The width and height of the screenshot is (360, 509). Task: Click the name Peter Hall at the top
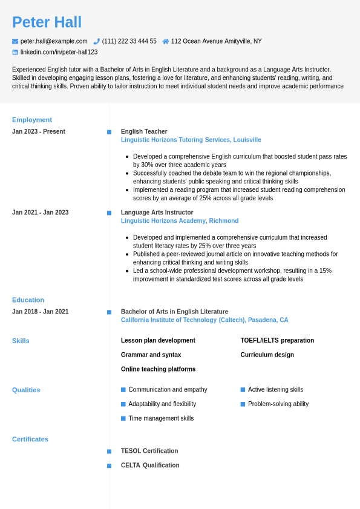[x=47, y=22]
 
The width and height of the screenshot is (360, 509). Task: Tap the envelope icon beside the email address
[x=15, y=41]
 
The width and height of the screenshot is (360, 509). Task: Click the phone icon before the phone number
[x=97, y=41]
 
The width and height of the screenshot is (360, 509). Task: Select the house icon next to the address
[x=166, y=41]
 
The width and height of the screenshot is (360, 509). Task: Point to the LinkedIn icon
[x=15, y=52]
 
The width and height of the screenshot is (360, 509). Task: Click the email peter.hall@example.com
[x=54, y=41]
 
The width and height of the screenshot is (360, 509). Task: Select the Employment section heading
[x=32, y=120]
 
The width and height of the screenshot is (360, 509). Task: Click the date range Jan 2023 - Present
[x=39, y=131]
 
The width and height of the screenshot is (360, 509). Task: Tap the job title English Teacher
[x=144, y=131]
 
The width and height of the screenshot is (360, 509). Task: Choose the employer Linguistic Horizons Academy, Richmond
[x=180, y=221]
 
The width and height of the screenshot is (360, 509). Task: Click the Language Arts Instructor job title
[x=157, y=212]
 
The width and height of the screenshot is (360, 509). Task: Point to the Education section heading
[x=28, y=300]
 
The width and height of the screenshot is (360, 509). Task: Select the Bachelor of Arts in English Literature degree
[x=174, y=312]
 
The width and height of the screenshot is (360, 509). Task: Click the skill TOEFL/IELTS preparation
[x=277, y=340]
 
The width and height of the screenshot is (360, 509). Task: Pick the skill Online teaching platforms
[x=158, y=369]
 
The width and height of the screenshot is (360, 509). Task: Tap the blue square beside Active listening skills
[x=243, y=390]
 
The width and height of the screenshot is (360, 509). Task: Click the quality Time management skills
[x=161, y=418]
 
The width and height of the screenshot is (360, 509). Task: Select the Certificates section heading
[x=30, y=439]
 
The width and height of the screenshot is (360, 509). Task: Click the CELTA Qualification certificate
[x=150, y=465]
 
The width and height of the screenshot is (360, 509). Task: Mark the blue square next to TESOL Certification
[x=109, y=452]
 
